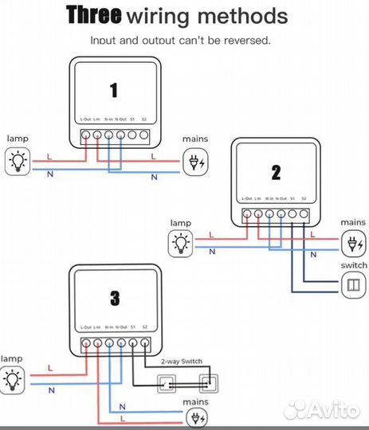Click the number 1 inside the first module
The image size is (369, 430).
(113, 90)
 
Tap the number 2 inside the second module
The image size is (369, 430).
(276, 172)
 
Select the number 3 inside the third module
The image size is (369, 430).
(114, 299)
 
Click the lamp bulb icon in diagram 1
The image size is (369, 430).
(17, 162)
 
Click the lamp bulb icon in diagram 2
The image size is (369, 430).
(183, 242)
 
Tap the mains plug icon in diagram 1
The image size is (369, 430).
(194, 163)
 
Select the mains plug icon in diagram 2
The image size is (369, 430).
(351, 242)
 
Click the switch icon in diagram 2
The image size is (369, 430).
(351, 283)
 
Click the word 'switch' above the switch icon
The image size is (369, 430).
(353, 264)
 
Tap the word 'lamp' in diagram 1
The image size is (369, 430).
(18, 139)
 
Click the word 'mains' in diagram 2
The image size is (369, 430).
(353, 222)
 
